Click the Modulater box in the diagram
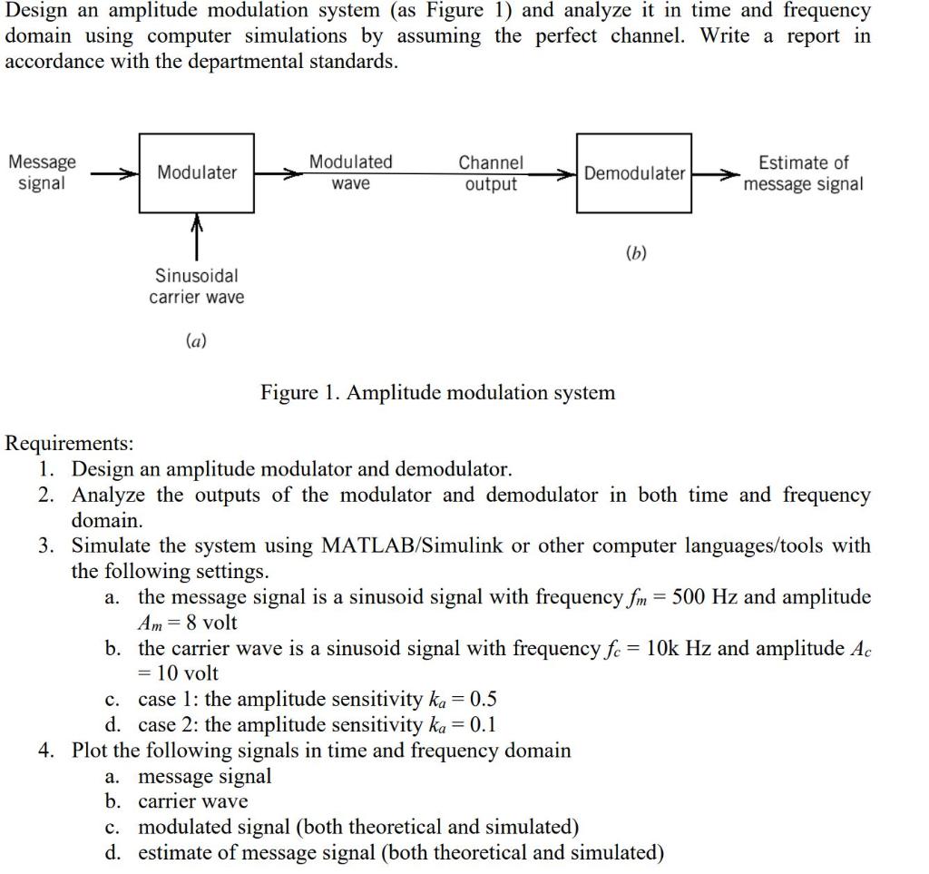coord(196,172)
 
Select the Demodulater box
coord(634,172)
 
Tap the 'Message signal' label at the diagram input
coord(42,172)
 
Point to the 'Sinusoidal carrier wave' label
coord(196,286)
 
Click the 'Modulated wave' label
coord(350,172)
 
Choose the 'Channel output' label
coord(490,173)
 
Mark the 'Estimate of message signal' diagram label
coord(803,173)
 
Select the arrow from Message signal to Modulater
coord(112,172)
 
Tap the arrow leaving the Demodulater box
coord(713,172)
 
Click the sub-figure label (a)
coord(195,341)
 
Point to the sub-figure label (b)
coord(636,253)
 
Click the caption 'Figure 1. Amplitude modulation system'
coord(437,393)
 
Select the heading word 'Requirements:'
coord(69,444)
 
